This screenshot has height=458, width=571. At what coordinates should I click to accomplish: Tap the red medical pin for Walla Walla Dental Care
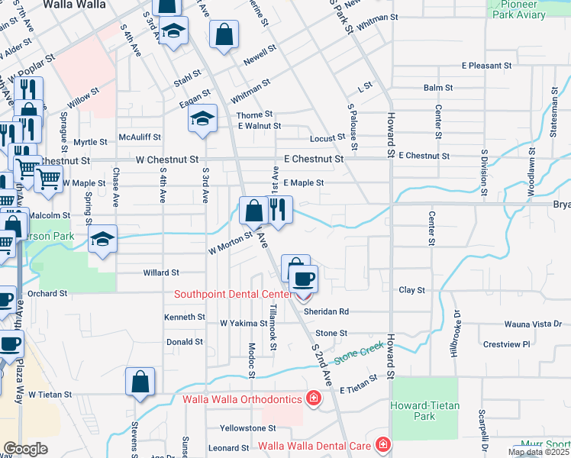[382, 445]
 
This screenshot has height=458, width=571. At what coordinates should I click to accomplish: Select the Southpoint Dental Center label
[233, 294]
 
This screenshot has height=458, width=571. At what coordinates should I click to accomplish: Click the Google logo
[25, 449]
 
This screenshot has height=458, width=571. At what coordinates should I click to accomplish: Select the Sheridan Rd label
[326, 311]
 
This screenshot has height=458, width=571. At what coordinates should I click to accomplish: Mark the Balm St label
[439, 88]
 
